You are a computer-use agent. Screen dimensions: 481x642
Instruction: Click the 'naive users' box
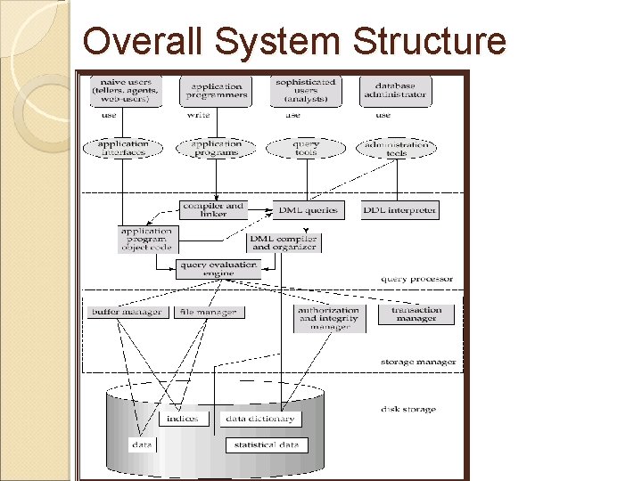tap(124, 91)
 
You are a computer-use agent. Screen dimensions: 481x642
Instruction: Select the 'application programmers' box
tap(215, 91)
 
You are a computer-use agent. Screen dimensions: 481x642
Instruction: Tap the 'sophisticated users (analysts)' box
tap(305, 91)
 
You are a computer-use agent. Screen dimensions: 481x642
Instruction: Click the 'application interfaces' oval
tap(123, 148)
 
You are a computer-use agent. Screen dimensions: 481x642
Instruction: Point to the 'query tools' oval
tap(306, 148)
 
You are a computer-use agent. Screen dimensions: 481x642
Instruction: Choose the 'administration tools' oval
tap(397, 148)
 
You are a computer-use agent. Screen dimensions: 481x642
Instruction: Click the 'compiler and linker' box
tap(213, 209)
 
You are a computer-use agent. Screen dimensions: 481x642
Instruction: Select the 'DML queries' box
tap(307, 210)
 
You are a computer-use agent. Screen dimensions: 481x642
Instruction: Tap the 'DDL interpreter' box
tap(400, 210)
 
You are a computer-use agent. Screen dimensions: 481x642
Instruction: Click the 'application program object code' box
tap(148, 239)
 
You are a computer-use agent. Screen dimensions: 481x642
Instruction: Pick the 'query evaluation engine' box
tap(218, 268)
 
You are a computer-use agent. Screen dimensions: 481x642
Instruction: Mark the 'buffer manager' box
tap(126, 312)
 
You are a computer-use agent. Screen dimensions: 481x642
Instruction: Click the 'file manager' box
tap(208, 312)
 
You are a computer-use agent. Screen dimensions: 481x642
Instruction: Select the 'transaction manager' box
tap(416, 314)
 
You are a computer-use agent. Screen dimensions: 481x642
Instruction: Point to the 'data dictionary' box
tap(259, 418)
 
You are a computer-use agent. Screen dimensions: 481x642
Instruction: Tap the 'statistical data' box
tap(266, 444)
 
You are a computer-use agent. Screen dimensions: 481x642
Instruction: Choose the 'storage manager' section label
tap(418, 362)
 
